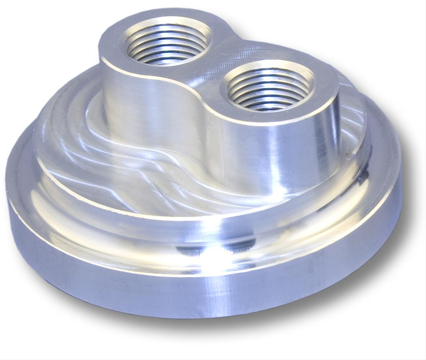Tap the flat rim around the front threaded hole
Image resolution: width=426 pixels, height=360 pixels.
click(x=323, y=95)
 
